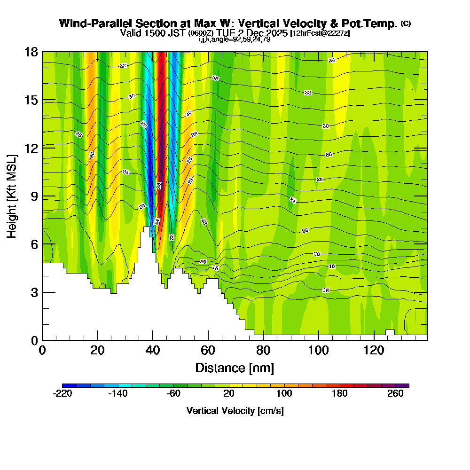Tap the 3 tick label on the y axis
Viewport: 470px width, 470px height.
(x=34, y=292)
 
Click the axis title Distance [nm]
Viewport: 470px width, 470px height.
(x=235, y=368)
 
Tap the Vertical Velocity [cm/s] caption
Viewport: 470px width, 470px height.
(x=235, y=411)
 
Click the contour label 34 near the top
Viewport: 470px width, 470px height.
(x=332, y=60)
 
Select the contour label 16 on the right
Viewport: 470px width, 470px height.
(x=326, y=290)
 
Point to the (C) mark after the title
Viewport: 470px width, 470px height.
(x=406, y=23)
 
